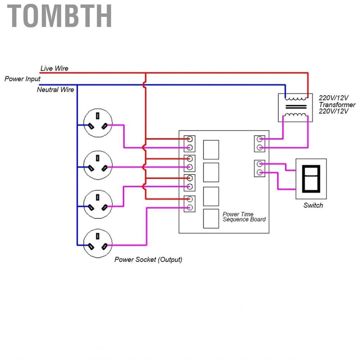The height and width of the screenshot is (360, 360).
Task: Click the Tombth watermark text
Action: point(60,16)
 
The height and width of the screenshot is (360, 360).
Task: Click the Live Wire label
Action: point(54,68)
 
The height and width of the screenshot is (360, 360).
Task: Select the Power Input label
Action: point(22,79)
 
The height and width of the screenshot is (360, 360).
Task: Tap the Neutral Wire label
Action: point(55,90)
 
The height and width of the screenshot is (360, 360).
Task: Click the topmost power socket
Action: point(98,123)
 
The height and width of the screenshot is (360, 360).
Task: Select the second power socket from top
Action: point(98,165)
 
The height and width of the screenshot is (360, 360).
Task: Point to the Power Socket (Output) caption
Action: point(148,260)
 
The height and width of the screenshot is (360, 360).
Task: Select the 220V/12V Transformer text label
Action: point(337,104)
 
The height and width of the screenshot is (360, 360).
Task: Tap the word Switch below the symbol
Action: point(313,205)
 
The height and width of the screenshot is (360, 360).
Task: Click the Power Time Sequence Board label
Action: point(244,217)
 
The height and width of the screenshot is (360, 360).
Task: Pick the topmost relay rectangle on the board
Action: point(211,149)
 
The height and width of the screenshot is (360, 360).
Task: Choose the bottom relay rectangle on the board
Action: point(211,219)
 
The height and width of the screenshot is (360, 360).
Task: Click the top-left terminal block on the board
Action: point(189,143)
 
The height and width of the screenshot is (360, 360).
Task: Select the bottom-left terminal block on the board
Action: point(189,203)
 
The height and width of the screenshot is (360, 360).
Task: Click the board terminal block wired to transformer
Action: point(259,143)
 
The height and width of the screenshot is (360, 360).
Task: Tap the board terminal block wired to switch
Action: point(259,168)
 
